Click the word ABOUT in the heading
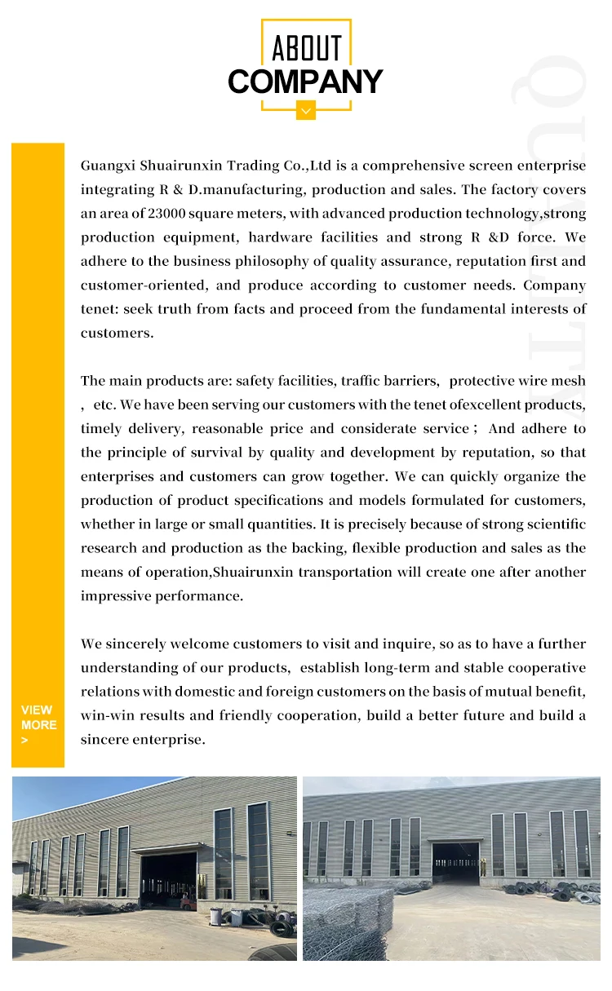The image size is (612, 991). pyautogui.click(x=306, y=48)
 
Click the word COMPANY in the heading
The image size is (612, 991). pyautogui.click(x=305, y=82)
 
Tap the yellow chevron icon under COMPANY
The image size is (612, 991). pyautogui.click(x=305, y=109)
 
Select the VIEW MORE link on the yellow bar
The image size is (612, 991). pyautogui.click(x=38, y=724)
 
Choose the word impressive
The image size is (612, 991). pyautogui.click(x=114, y=596)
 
